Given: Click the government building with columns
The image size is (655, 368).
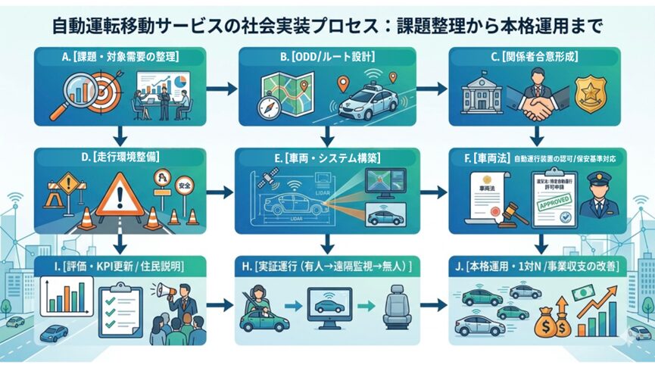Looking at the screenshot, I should [485, 95].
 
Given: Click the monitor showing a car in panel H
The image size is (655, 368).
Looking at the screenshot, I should [330, 309].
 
